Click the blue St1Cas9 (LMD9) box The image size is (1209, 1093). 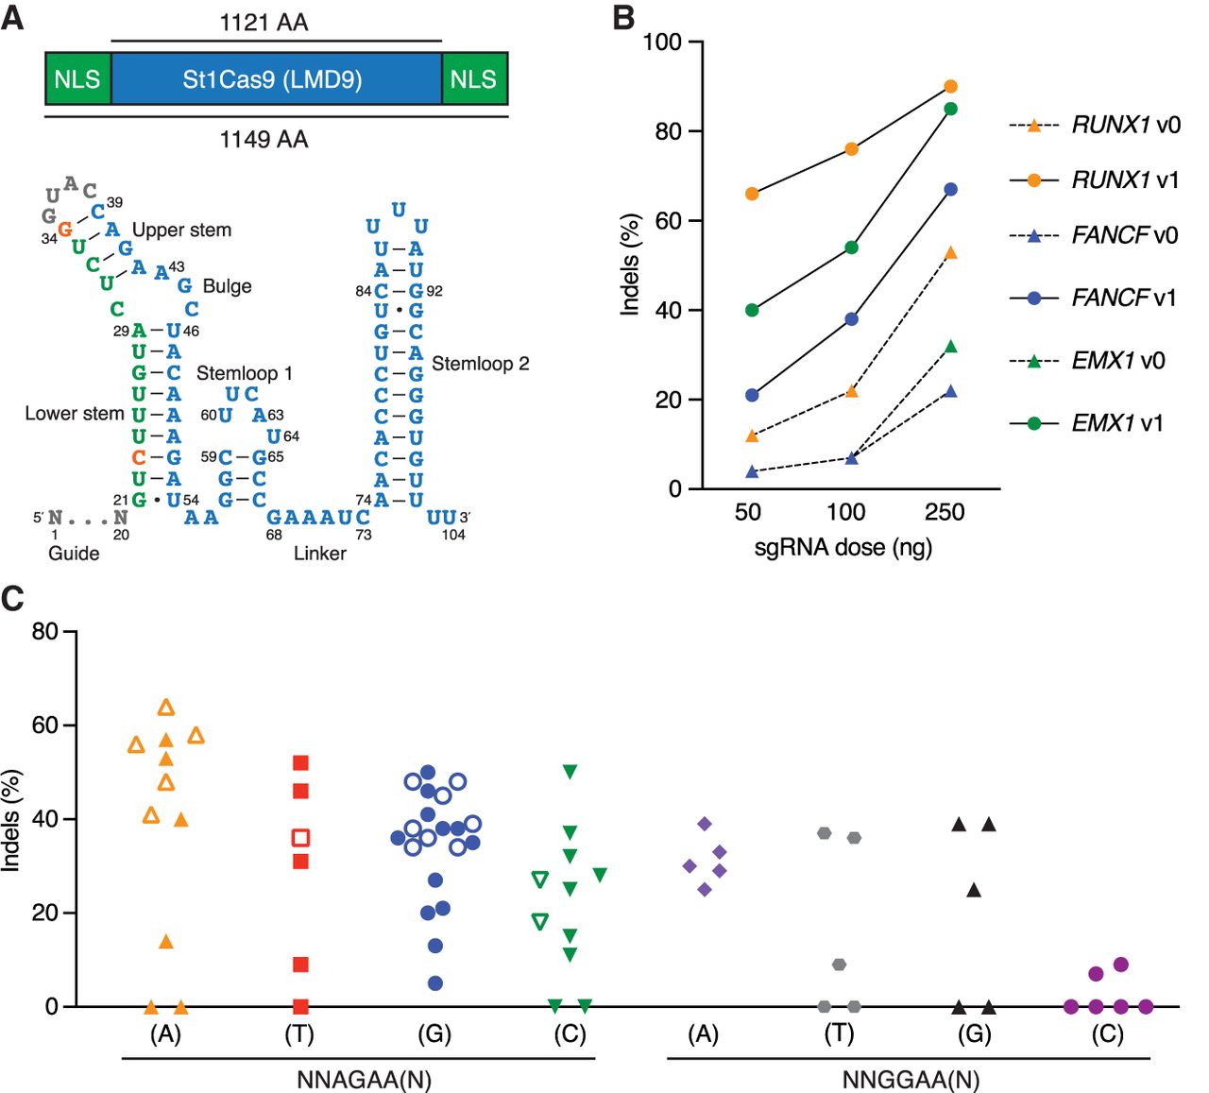click(276, 79)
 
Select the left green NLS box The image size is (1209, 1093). click(77, 79)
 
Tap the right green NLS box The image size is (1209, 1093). click(474, 79)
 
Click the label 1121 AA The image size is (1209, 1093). click(264, 23)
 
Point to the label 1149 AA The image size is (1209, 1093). click(264, 139)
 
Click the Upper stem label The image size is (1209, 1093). click(181, 230)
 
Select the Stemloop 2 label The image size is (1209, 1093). click(481, 364)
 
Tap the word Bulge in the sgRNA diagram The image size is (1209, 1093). click(227, 285)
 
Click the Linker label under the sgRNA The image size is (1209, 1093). click(319, 554)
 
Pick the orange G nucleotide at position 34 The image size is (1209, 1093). click(65, 230)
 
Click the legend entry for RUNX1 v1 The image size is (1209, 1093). click(1094, 179)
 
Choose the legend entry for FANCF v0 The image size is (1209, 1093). click(1093, 235)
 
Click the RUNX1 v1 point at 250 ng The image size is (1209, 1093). click(950, 86)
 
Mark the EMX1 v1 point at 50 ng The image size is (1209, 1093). click(752, 310)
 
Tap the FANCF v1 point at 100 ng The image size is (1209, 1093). click(851, 319)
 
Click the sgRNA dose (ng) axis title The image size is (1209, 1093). click(843, 547)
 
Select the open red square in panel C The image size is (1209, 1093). click(300, 837)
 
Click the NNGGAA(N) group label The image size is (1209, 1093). click(911, 1079)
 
